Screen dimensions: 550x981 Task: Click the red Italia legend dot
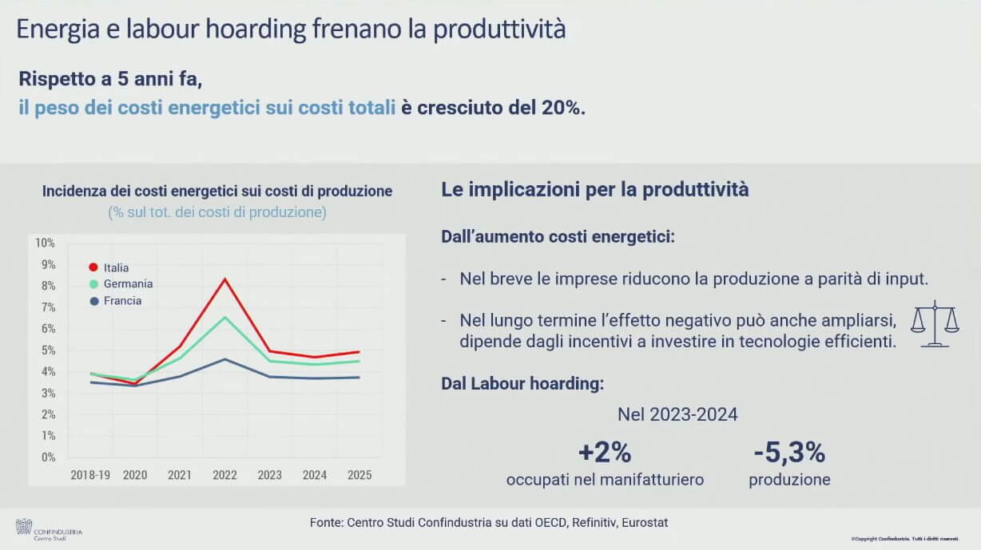[x=93, y=267]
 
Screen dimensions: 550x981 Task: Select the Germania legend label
[x=128, y=284]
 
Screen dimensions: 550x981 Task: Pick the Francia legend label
[x=122, y=301]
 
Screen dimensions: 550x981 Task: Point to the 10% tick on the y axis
[x=46, y=243]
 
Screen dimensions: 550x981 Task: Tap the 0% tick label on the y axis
[x=47, y=457]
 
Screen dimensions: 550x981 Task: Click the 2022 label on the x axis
[x=224, y=475]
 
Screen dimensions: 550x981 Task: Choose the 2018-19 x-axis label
[x=90, y=475]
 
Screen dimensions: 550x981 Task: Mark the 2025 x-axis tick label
[x=359, y=475]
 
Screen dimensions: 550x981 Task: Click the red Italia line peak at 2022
[x=225, y=279]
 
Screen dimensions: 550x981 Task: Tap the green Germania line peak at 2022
[x=225, y=317]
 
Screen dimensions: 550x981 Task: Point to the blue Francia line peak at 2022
[x=225, y=359]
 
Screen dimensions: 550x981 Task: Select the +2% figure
[x=605, y=453]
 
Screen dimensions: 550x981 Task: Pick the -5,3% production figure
[x=789, y=453]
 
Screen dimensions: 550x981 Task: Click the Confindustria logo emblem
[x=24, y=527]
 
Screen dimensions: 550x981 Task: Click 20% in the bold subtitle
[x=562, y=108]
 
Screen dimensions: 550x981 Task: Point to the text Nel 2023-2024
[x=677, y=414]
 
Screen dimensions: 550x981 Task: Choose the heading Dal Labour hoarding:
[x=522, y=384]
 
